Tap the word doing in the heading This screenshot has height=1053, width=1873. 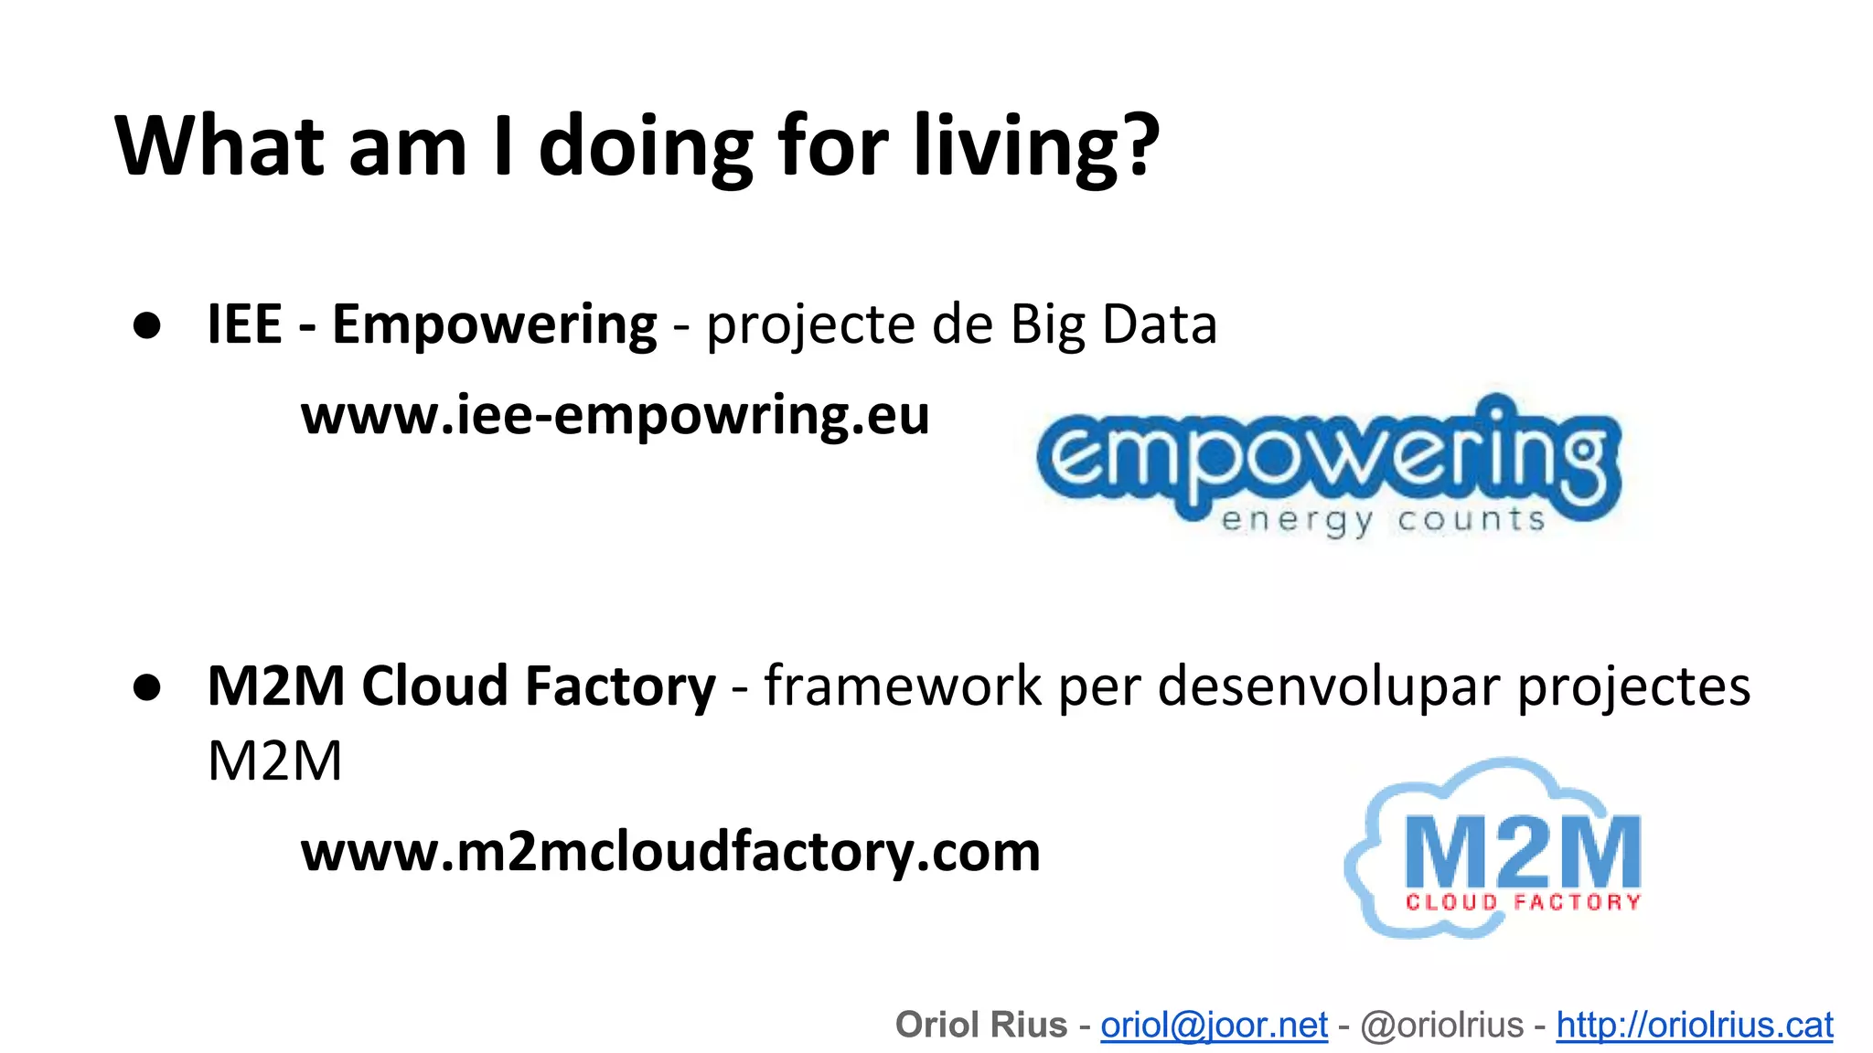[645, 146]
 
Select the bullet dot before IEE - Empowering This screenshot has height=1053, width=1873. [147, 325]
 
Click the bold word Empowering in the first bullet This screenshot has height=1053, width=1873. [494, 324]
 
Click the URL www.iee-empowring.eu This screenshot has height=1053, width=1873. [615, 416]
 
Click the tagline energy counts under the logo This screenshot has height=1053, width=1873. [1383, 520]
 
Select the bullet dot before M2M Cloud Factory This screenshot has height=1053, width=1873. [147, 687]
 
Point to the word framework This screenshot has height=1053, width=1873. [902, 686]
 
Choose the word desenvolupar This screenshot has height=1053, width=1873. [1329, 686]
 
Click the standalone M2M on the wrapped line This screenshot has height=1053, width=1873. [274, 760]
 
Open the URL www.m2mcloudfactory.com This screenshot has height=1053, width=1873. [670, 852]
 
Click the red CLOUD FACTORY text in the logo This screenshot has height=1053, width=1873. [1523, 903]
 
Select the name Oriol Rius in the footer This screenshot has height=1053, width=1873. [981, 1026]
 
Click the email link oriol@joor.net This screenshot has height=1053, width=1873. [1214, 1026]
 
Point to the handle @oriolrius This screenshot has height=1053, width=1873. [1442, 1026]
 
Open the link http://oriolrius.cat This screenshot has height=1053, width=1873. [1695, 1026]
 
